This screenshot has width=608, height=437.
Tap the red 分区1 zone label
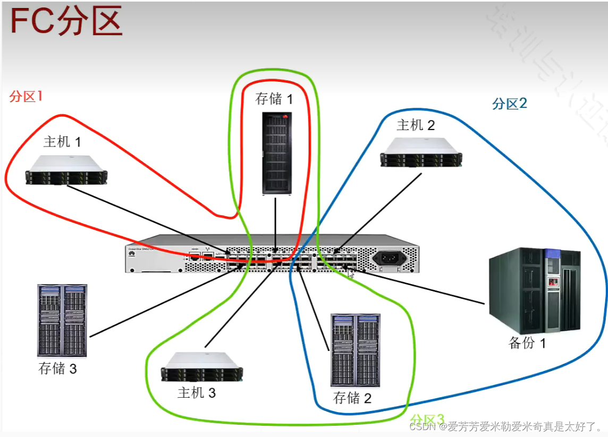pos(26,96)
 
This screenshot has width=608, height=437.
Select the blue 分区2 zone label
pos(509,103)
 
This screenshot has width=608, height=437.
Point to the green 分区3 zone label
pos(426,420)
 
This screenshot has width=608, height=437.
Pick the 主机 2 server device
pos(421,152)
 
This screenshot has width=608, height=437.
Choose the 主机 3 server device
pos(202,367)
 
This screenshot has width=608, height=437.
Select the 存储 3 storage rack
pos(62,320)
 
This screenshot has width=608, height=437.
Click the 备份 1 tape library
pos(534,289)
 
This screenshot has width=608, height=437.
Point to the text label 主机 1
pos(62,142)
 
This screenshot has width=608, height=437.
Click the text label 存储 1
pos(274,99)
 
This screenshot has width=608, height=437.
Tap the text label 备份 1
pos(527,343)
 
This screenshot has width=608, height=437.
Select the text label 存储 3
pos(57,368)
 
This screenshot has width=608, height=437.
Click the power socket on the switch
pos(389,259)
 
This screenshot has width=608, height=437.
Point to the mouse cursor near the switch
pos(351,274)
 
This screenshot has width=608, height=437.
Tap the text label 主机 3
pos(197,393)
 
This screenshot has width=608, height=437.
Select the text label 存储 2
pos(352,397)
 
